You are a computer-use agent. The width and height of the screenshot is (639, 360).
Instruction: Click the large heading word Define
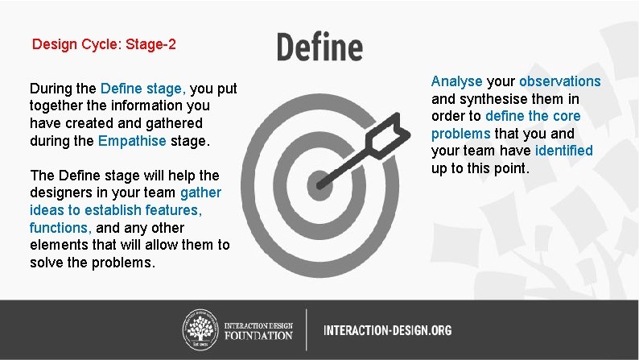click(319, 46)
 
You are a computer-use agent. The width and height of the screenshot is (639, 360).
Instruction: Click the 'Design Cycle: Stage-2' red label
click(104, 43)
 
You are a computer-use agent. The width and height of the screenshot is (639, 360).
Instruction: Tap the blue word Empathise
click(132, 141)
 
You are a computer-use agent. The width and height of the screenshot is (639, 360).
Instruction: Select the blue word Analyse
click(456, 81)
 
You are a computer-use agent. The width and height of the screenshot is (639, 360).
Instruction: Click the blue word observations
click(560, 81)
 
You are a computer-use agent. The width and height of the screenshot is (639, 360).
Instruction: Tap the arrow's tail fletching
click(394, 129)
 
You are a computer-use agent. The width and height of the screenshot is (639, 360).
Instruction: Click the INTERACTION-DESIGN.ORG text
click(387, 330)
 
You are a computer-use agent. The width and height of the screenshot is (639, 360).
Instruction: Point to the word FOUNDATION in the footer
click(258, 335)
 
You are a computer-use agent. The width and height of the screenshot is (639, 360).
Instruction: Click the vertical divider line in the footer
click(306, 329)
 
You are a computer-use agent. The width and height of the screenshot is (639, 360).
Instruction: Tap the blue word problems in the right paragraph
click(460, 133)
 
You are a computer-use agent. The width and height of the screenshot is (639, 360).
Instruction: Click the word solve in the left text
click(46, 263)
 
